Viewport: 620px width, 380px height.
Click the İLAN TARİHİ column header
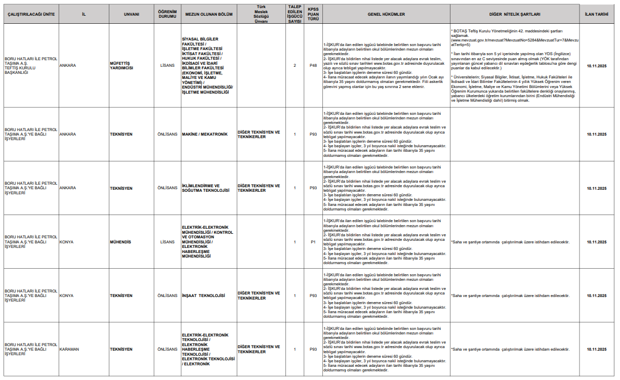(x=597, y=14)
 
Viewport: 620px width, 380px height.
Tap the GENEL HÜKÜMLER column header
(x=386, y=14)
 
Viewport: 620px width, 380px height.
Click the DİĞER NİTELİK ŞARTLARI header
(x=515, y=14)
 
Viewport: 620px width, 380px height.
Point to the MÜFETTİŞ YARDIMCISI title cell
(x=121, y=65)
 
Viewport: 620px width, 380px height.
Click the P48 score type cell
(x=313, y=65)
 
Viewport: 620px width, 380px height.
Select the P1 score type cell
(x=313, y=242)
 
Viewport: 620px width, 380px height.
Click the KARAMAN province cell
(x=69, y=349)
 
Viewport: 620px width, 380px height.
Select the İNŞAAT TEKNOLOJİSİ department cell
(x=203, y=295)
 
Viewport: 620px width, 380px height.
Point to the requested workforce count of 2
(x=295, y=65)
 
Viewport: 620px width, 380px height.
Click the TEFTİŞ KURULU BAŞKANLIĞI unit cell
(x=30, y=65)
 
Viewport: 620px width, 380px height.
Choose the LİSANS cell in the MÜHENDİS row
(x=167, y=242)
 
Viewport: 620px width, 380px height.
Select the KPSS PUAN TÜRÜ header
(x=313, y=14)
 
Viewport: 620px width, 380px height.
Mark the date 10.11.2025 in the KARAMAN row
(x=597, y=349)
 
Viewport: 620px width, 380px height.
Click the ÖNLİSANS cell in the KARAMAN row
(x=167, y=349)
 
